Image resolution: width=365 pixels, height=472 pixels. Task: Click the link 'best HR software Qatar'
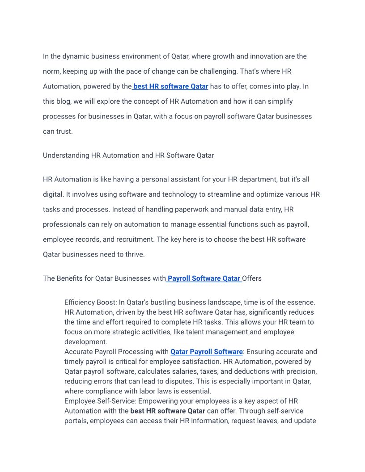click(x=171, y=86)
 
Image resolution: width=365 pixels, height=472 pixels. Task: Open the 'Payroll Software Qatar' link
click(x=204, y=278)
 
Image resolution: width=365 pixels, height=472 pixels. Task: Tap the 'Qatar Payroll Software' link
click(x=207, y=352)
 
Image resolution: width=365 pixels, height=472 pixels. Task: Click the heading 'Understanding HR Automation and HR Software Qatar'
click(x=128, y=156)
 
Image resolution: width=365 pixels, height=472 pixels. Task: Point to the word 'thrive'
click(x=133, y=254)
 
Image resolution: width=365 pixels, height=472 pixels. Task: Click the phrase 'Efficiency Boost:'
click(x=91, y=303)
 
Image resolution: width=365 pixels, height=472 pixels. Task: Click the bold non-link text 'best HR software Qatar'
click(x=168, y=411)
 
